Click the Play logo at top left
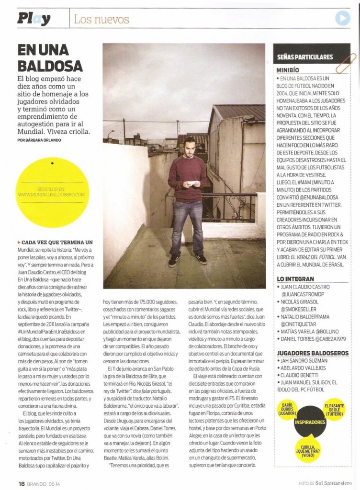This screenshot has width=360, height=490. pyautogui.click(x=34, y=19)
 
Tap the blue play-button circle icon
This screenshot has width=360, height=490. pyautogui.click(x=342, y=18)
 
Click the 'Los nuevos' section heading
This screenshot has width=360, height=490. pyautogui.click(x=101, y=20)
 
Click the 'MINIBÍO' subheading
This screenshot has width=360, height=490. pyautogui.click(x=289, y=70)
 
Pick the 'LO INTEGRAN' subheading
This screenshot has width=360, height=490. pyautogui.click(x=295, y=278)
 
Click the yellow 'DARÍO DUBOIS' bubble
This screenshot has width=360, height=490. pyautogui.click(x=286, y=410)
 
